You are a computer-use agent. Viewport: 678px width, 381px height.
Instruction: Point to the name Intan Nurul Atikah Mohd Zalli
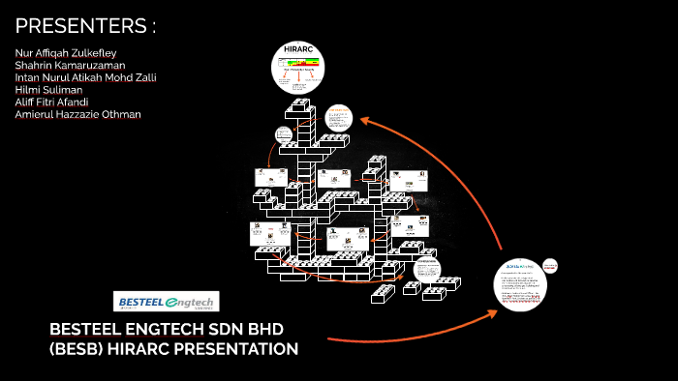tap(86, 76)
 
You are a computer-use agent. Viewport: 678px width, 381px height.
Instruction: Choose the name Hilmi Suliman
tap(48, 89)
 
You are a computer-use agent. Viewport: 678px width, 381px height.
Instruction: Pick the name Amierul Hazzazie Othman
tap(78, 114)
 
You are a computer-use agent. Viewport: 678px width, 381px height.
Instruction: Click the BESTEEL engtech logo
tap(167, 301)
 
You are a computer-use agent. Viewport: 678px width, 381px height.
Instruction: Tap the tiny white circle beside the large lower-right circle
tap(550, 264)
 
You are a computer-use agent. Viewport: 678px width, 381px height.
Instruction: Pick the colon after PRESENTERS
tap(153, 25)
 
